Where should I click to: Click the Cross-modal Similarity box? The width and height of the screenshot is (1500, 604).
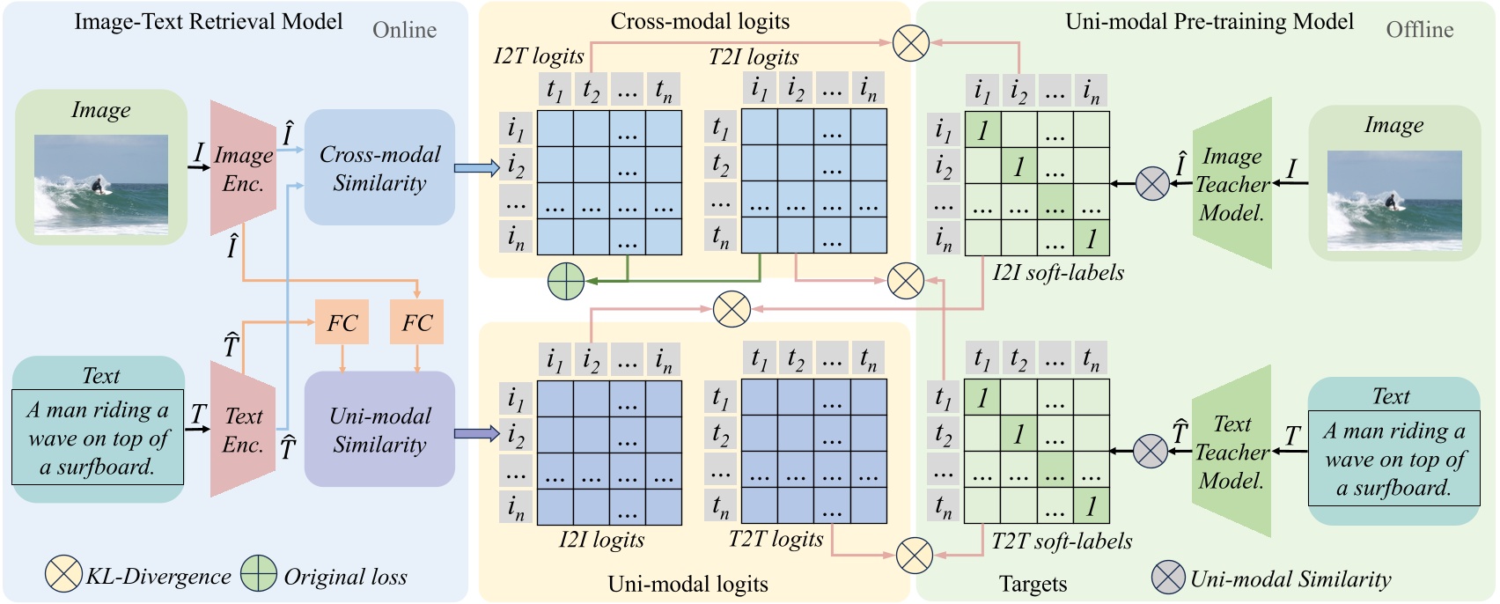[379, 167]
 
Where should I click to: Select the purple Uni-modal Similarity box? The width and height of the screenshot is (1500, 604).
[379, 430]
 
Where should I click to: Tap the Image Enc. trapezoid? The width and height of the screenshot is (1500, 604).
[243, 168]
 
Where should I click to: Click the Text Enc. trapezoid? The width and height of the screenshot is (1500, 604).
[243, 430]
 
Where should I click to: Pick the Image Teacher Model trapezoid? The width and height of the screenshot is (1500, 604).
[1232, 183]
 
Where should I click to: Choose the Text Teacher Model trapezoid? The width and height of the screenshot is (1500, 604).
[1232, 452]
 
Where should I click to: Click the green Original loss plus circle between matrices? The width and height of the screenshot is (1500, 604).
[566, 281]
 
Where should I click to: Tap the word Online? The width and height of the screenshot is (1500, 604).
[404, 30]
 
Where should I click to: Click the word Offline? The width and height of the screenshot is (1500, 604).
[1419, 30]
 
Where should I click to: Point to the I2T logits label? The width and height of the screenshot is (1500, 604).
[539, 56]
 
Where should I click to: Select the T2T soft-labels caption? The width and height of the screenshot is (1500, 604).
[1062, 541]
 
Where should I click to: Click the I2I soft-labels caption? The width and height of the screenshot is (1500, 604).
[1058, 273]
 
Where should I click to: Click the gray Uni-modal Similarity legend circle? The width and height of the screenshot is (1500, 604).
[1168, 578]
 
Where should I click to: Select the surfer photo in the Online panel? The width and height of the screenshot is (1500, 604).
[100, 184]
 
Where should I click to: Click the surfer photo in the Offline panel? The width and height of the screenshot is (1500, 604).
[1394, 200]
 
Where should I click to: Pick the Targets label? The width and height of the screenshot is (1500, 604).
[1033, 584]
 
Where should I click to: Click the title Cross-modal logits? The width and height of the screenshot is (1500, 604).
[700, 21]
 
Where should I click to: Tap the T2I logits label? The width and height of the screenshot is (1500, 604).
[754, 56]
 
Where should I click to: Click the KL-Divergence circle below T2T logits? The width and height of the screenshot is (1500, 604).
[914, 556]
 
